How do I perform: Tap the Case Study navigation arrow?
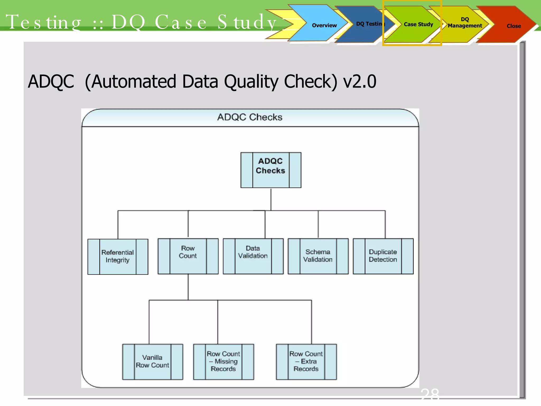coord(418,24)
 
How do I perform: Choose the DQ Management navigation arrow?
coord(465,23)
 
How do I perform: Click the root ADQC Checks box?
coord(271,170)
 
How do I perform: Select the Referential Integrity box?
coord(118,256)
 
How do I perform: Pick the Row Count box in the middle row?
coord(188,256)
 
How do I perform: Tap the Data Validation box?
coord(253,256)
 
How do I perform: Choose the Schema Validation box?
coord(318,256)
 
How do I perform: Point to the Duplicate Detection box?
coord(383,256)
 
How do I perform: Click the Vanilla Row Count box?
coord(152,362)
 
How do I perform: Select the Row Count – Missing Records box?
coord(223,362)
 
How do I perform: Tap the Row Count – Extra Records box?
coord(306,362)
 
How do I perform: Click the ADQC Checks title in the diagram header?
coord(250,117)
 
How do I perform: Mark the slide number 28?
coord(430,394)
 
